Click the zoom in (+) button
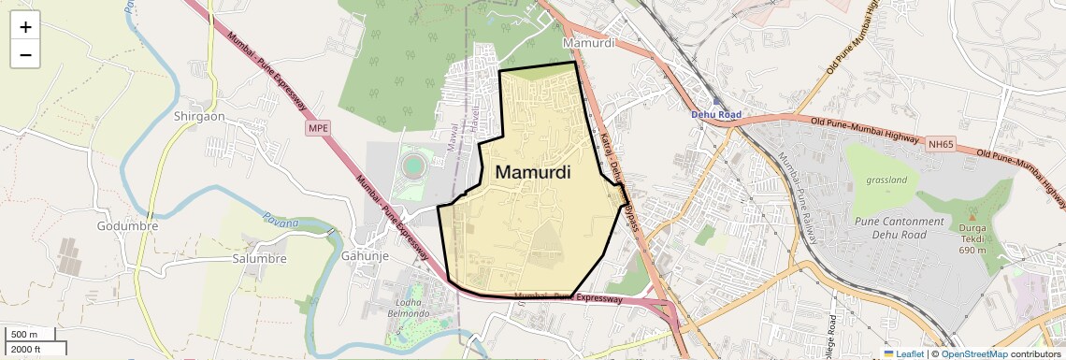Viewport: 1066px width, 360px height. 25,27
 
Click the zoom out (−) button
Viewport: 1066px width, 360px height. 25,55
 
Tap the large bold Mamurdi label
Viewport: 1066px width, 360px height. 533,173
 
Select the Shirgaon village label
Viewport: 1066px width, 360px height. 199,116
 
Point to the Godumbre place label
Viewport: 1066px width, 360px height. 127,226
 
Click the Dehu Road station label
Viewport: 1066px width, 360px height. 716,114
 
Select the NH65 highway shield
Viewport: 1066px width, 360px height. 940,145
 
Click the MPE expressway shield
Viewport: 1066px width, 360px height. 318,128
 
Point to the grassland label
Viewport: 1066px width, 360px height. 887,180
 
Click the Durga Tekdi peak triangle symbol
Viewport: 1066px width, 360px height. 972,216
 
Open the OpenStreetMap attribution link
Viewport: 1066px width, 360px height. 974,353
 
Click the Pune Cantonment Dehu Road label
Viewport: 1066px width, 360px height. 900,227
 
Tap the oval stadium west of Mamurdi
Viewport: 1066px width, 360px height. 412,166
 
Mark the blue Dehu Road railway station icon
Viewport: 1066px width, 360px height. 716,100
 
